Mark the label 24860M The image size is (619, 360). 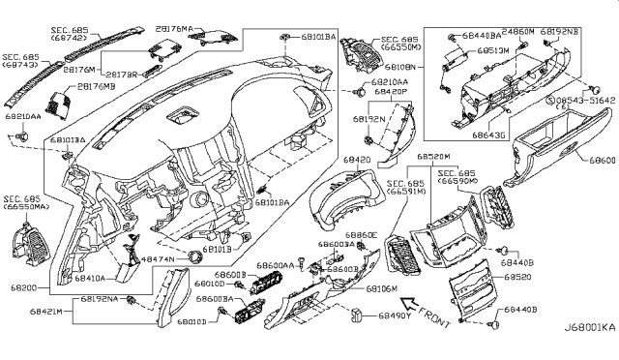517,32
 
